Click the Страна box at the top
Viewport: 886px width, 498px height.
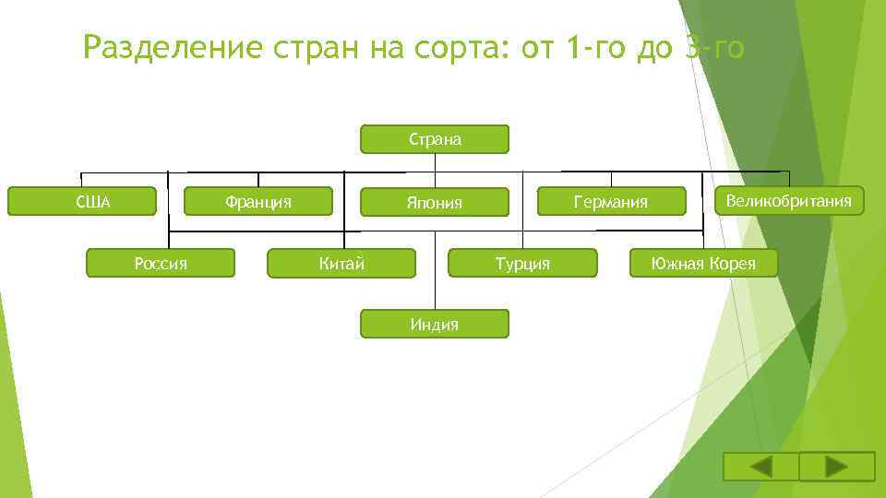(x=434, y=139)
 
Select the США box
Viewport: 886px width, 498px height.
(x=83, y=201)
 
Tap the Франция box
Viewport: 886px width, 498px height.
(x=258, y=201)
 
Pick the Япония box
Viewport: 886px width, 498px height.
(x=434, y=202)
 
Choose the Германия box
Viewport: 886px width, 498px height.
(x=611, y=201)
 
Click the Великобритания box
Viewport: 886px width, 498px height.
(x=789, y=200)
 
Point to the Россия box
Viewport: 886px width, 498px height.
(x=161, y=264)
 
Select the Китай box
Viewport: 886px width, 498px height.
(x=341, y=264)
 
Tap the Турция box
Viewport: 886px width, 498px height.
(x=522, y=264)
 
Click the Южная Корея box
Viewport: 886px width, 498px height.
(x=703, y=264)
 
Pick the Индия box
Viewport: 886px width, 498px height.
(x=434, y=324)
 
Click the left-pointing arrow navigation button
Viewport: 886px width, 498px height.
(x=760, y=467)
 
